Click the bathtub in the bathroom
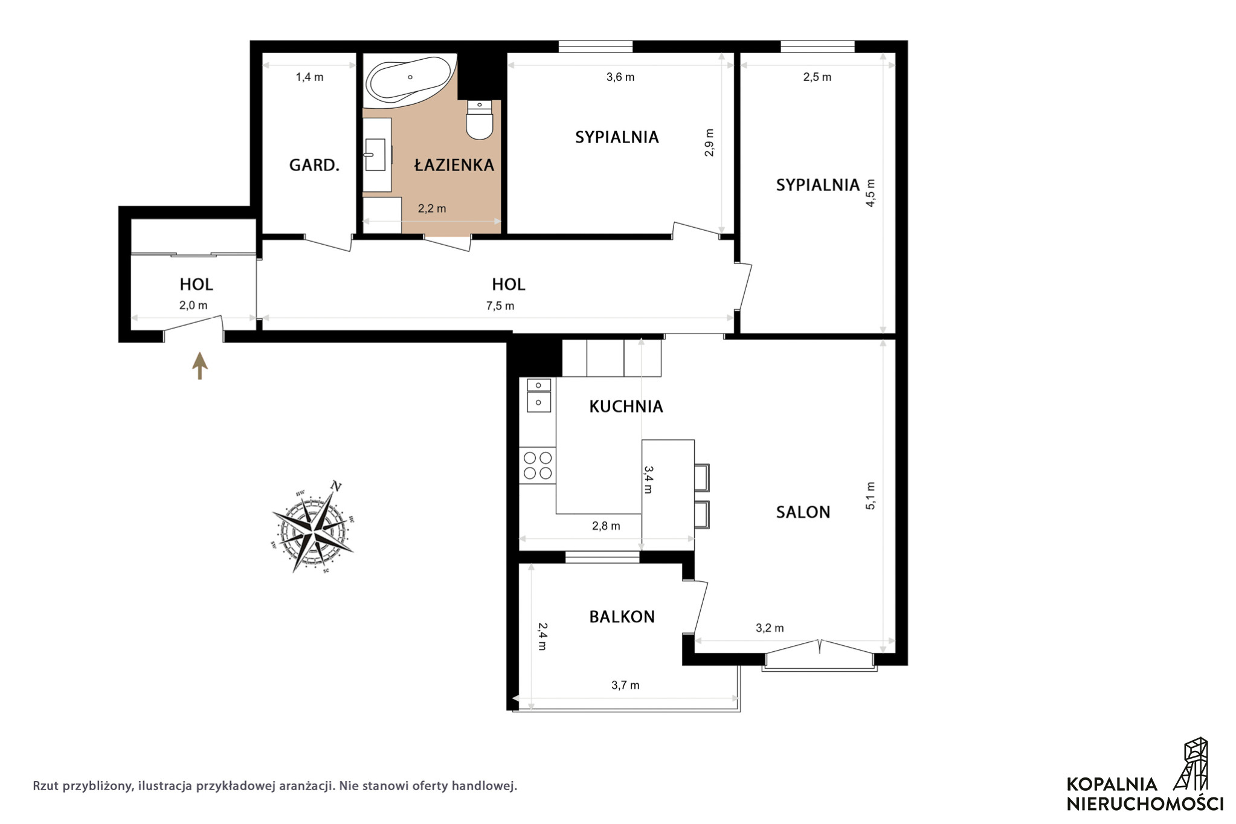click(x=410, y=79)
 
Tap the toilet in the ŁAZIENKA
click(x=480, y=120)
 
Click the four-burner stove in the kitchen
click(x=538, y=465)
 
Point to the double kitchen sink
click(x=539, y=395)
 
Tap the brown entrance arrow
click(x=200, y=366)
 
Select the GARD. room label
click(x=314, y=165)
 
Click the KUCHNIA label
click(x=626, y=407)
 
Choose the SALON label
click(x=803, y=512)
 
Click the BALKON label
click(x=622, y=617)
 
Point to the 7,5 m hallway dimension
click(x=500, y=306)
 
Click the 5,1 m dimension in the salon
click(x=871, y=495)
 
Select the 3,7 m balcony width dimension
click(x=625, y=685)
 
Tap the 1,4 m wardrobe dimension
click(x=309, y=77)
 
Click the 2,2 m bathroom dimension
click(x=432, y=208)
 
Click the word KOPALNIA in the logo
click(x=1112, y=784)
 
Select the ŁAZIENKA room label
click(x=454, y=164)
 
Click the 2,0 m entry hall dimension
click(x=193, y=306)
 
